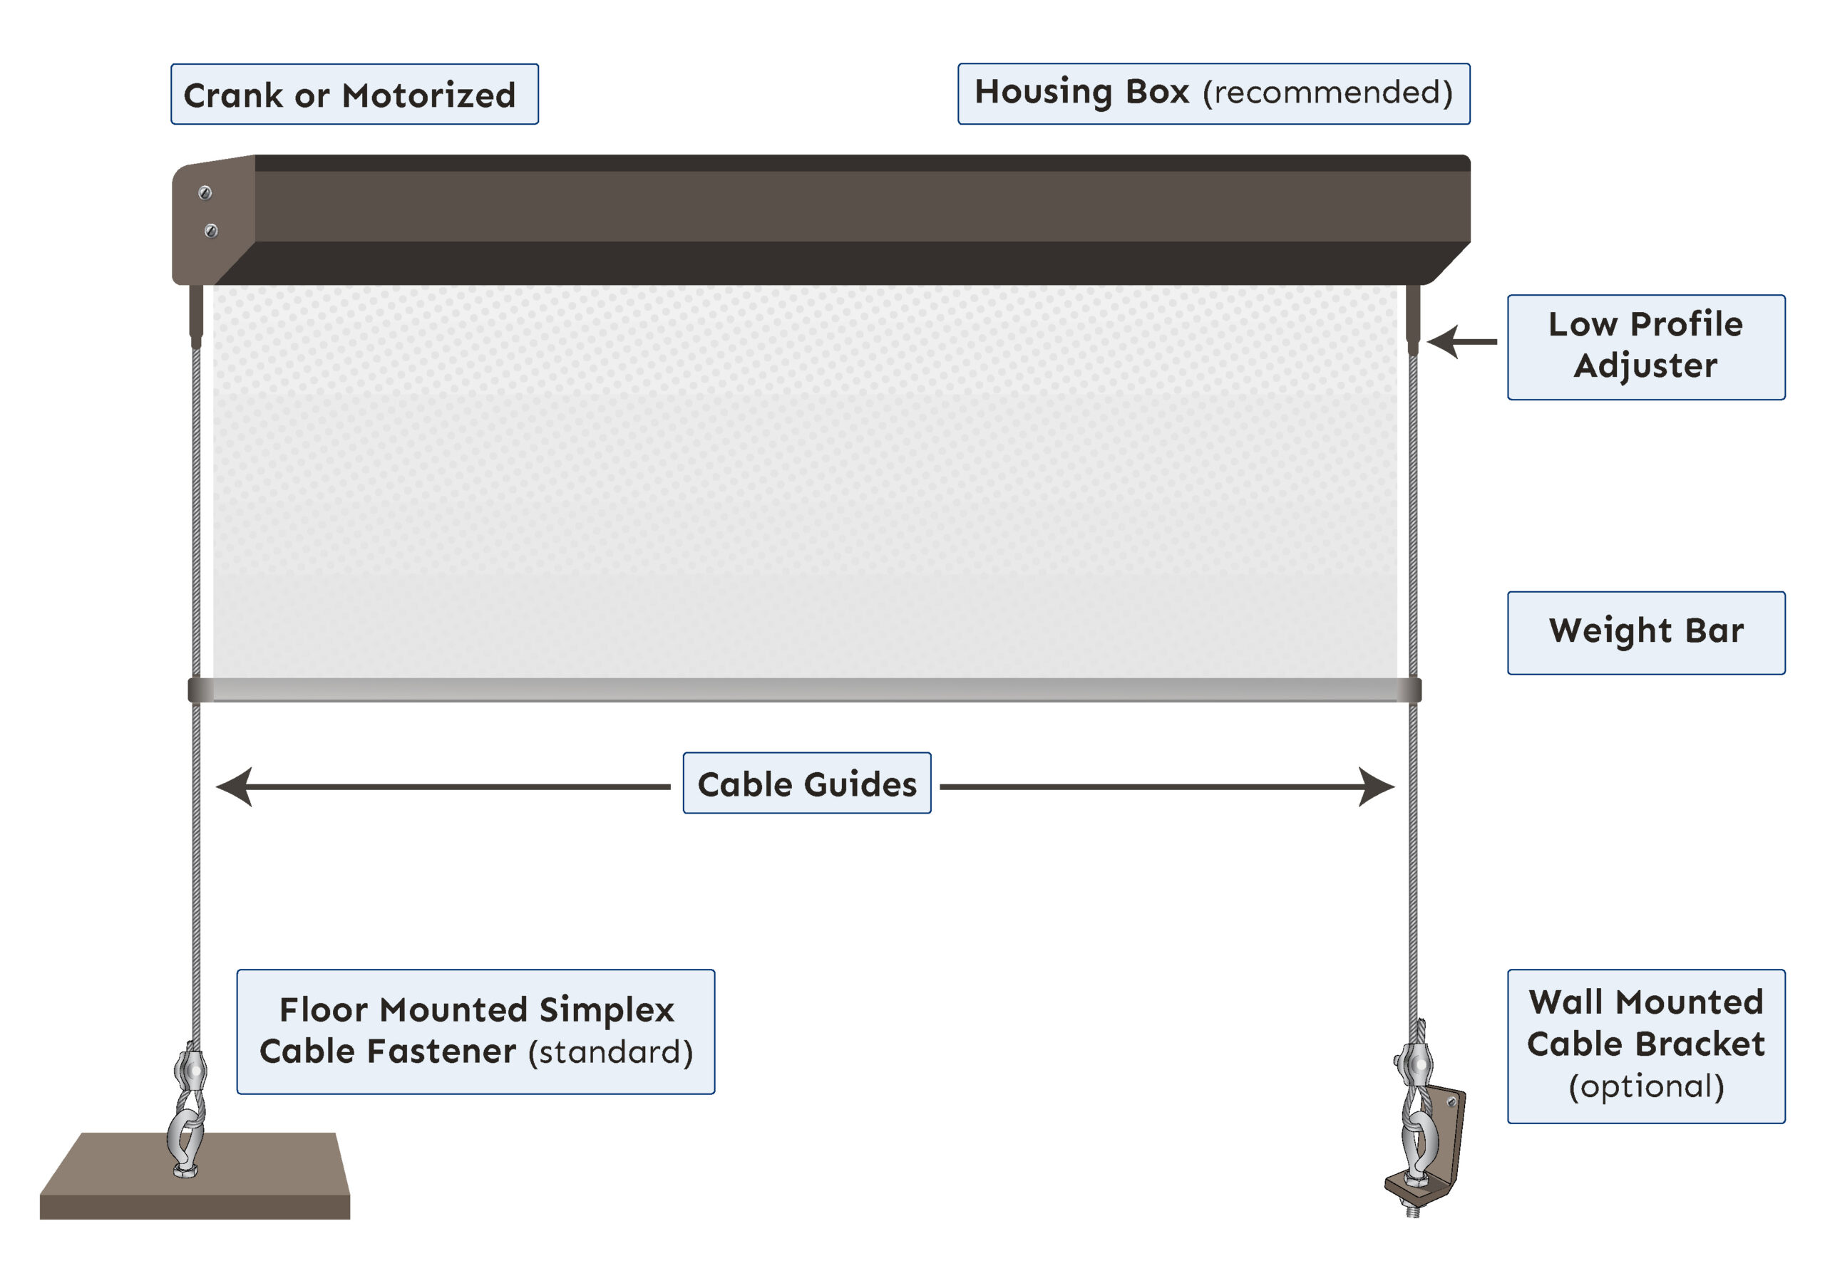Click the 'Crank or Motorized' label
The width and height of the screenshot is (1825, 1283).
pos(354,95)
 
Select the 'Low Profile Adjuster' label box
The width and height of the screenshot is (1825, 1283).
pos(1645,347)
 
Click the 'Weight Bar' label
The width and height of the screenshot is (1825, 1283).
pos(1645,633)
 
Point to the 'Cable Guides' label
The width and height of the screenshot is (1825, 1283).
pos(807,784)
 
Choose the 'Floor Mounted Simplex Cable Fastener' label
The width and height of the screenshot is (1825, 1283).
pos(475,1031)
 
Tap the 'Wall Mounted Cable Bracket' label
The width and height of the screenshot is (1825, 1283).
pos(1645,1046)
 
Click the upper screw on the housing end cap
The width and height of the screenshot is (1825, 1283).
pos(205,193)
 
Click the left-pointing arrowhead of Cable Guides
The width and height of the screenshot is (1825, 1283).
pos(236,787)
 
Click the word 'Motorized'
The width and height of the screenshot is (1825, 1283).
pos(429,95)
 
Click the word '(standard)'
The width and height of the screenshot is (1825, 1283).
pos(610,1051)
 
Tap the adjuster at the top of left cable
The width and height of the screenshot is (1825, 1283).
pos(196,316)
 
